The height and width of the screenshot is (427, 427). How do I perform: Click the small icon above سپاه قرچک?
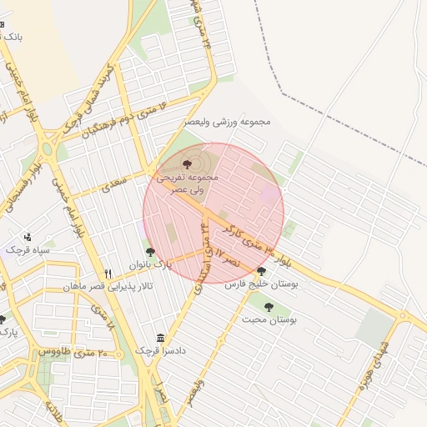pos(28,236)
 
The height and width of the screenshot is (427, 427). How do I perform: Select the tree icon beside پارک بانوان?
pos(149,251)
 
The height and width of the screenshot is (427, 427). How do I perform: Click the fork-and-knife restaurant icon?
pos(108,274)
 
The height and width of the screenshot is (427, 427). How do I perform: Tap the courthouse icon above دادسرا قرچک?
pos(160,338)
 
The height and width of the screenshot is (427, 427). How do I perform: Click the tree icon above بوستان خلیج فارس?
pos(261,270)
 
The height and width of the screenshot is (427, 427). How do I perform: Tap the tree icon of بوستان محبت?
pos(265,305)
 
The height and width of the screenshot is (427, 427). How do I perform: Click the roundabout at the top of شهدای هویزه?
pos(403,317)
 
